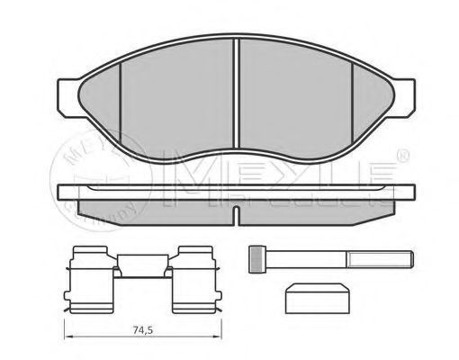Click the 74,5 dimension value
pos(139,329)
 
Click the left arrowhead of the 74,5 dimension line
pos(66,337)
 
